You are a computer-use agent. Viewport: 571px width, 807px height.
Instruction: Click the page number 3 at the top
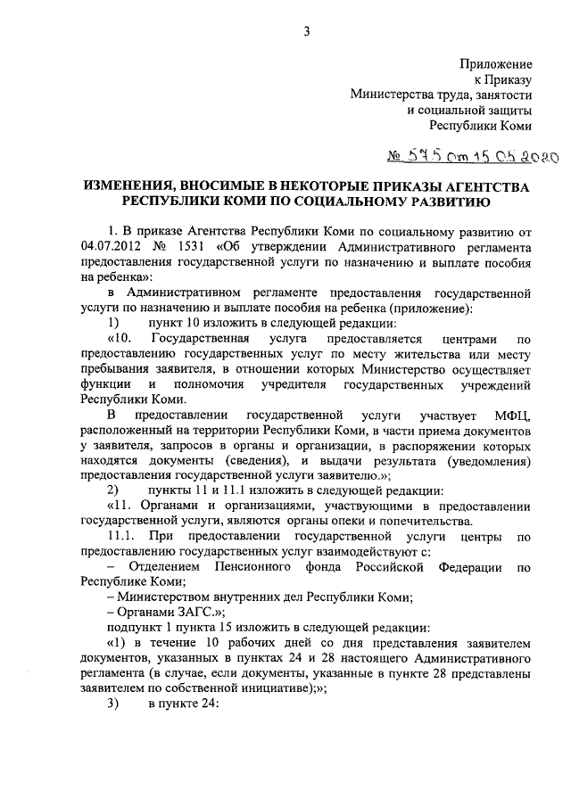click(x=305, y=33)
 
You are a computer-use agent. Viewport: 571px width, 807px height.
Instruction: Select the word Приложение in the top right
click(x=496, y=64)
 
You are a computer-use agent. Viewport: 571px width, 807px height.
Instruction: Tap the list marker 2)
click(x=113, y=490)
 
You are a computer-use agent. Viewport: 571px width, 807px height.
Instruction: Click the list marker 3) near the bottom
click(x=113, y=701)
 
